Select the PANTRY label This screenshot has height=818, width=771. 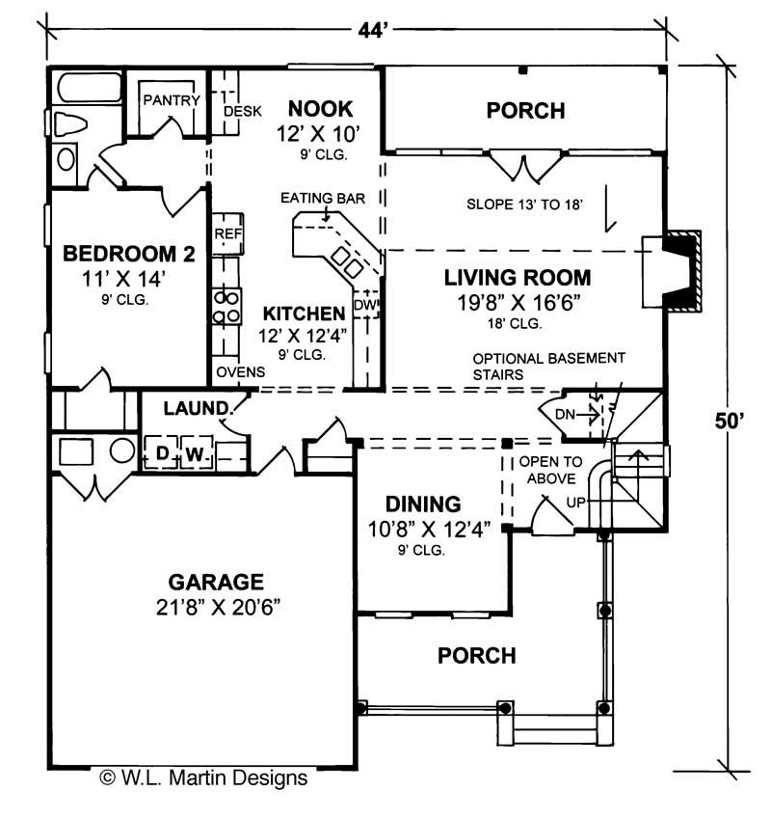pos(171,100)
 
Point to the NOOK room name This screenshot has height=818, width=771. pos(320,108)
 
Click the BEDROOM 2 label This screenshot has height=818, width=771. pos(129,255)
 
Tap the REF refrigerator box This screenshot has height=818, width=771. pos(227,234)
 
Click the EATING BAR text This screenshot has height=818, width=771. pos(322,199)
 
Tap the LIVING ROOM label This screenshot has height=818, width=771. pos(518,278)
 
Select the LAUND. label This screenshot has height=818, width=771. pos(195,407)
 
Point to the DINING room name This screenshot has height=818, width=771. pos(423,504)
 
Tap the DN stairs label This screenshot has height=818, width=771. pos(567,415)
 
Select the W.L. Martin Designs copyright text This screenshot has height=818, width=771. pos(203,777)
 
